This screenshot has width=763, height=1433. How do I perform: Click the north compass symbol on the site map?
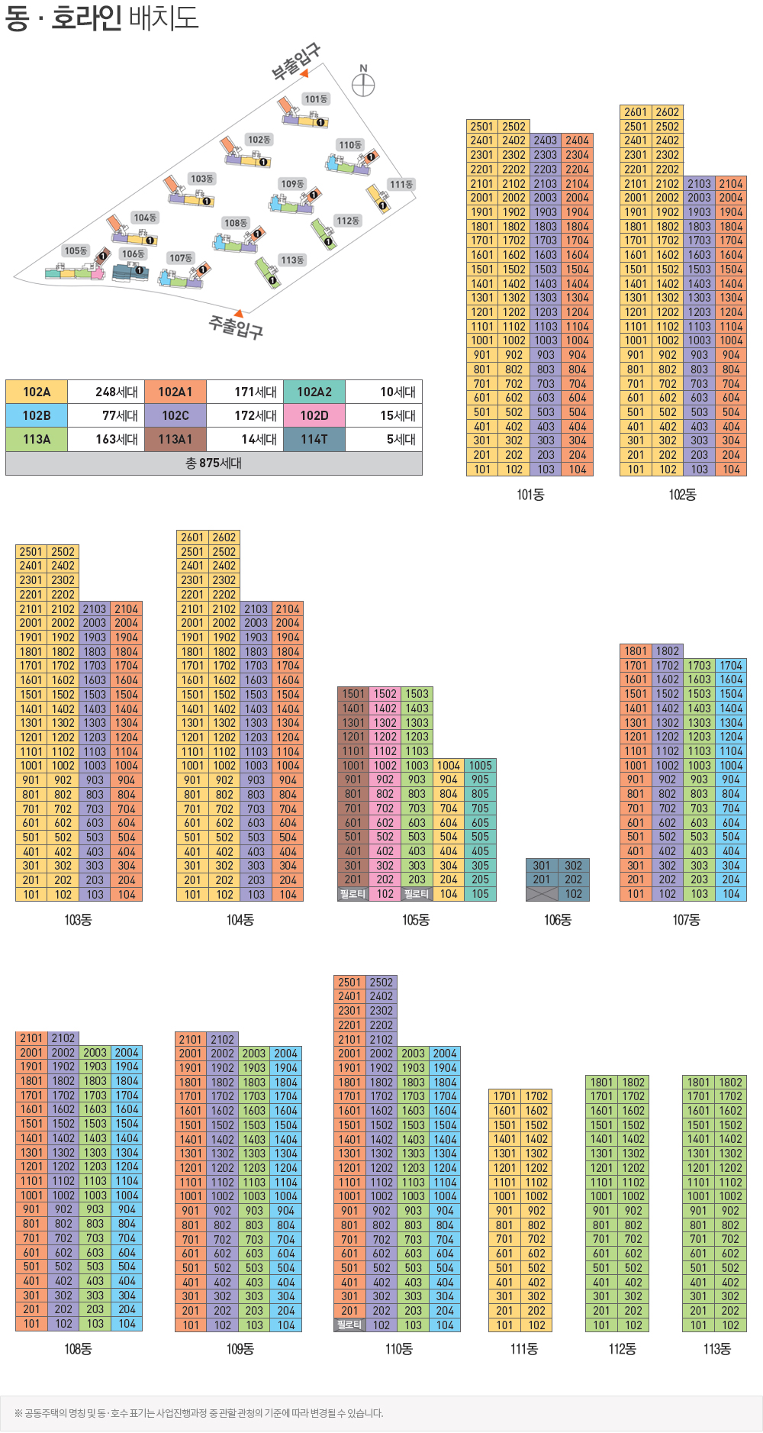click(x=363, y=83)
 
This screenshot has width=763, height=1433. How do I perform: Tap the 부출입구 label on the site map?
click(x=296, y=62)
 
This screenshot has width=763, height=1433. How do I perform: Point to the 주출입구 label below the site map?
click(x=237, y=328)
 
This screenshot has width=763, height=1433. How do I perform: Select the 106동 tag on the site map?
click(x=133, y=254)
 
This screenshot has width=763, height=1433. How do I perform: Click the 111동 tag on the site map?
click(x=401, y=185)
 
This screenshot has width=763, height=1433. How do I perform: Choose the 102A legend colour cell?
click(x=37, y=392)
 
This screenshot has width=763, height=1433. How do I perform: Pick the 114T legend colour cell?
click(x=314, y=440)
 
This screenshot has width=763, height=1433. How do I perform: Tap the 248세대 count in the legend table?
click(x=116, y=392)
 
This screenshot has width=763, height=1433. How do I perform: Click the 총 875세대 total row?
click(x=214, y=463)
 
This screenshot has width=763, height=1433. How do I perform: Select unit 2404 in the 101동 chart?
click(x=577, y=140)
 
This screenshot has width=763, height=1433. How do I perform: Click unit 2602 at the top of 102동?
click(x=667, y=112)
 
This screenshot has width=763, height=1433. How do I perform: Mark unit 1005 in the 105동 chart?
click(x=480, y=766)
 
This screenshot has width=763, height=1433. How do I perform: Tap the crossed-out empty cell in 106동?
click(x=541, y=894)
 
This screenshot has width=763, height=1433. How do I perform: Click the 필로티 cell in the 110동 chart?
click(x=349, y=1325)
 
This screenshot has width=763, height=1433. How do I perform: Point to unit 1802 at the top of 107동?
click(x=668, y=651)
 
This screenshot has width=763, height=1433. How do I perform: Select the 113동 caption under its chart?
click(x=716, y=1349)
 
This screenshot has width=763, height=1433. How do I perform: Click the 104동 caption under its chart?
click(x=240, y=920)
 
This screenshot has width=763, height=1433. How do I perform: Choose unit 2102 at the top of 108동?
click(x=63, y=1038)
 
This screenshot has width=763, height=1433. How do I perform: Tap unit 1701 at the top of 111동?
click(x=504, y=1096)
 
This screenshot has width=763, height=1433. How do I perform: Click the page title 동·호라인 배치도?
click(x=101, y=18)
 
